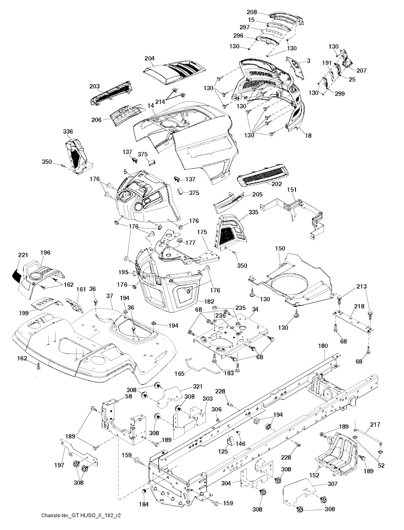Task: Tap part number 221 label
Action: [x=23, y=255]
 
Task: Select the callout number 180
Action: [x=323, y=346]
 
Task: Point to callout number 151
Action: [x=292, y=190]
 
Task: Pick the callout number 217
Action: [x=375, y=425]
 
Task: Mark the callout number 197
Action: [x=59, y=465]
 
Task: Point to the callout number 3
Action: [x=308, y=61]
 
